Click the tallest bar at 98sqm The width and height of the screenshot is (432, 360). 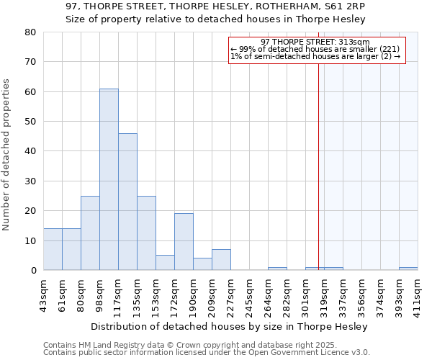109,179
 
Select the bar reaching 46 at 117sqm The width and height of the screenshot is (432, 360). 127,202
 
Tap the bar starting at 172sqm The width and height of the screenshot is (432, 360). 184,242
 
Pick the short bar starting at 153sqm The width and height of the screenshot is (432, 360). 165,263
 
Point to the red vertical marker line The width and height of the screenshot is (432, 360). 318,166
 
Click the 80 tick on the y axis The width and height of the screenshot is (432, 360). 31,32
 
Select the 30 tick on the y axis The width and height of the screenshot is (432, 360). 31,181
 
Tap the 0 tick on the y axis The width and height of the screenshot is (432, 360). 33,271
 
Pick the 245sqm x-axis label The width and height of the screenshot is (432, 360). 249,292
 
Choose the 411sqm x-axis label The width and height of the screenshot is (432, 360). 418,292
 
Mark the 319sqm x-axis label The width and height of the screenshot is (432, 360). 324,292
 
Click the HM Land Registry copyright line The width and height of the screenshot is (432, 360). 190,345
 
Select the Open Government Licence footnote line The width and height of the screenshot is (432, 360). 207,352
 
